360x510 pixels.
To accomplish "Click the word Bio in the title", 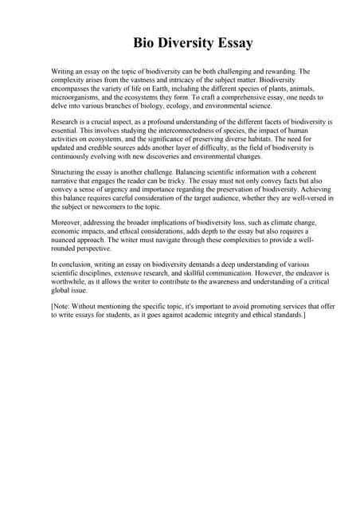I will tap(145, 43).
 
